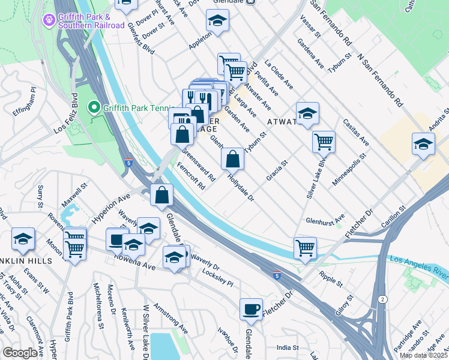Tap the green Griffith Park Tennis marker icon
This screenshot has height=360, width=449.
click(94, 108)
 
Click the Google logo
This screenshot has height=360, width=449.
click(20, 353)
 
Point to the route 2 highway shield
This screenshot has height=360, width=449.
click(382, 299)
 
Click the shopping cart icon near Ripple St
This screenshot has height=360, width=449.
click(306, 247)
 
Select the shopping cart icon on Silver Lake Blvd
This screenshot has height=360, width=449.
click(324, 142)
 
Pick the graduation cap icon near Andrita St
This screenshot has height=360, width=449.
click(423, 144)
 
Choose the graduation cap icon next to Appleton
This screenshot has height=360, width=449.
click(217, 21)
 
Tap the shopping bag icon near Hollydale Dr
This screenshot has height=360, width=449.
click(232, 159)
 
